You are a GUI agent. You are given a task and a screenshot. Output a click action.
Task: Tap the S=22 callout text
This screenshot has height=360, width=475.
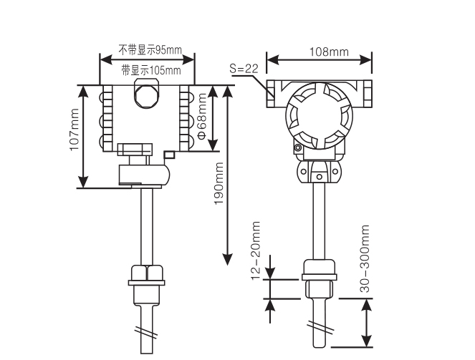pos(243,68)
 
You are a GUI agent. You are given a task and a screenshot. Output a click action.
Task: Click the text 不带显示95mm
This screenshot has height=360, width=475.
pos(150,52)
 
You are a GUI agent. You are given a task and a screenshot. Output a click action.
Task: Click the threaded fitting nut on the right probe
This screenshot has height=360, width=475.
pos(319,269)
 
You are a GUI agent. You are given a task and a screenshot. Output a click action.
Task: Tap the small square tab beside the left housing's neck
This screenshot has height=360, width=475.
pos(169,154)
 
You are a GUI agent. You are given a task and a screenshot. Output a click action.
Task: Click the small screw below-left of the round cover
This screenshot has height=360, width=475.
pos(297,148)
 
